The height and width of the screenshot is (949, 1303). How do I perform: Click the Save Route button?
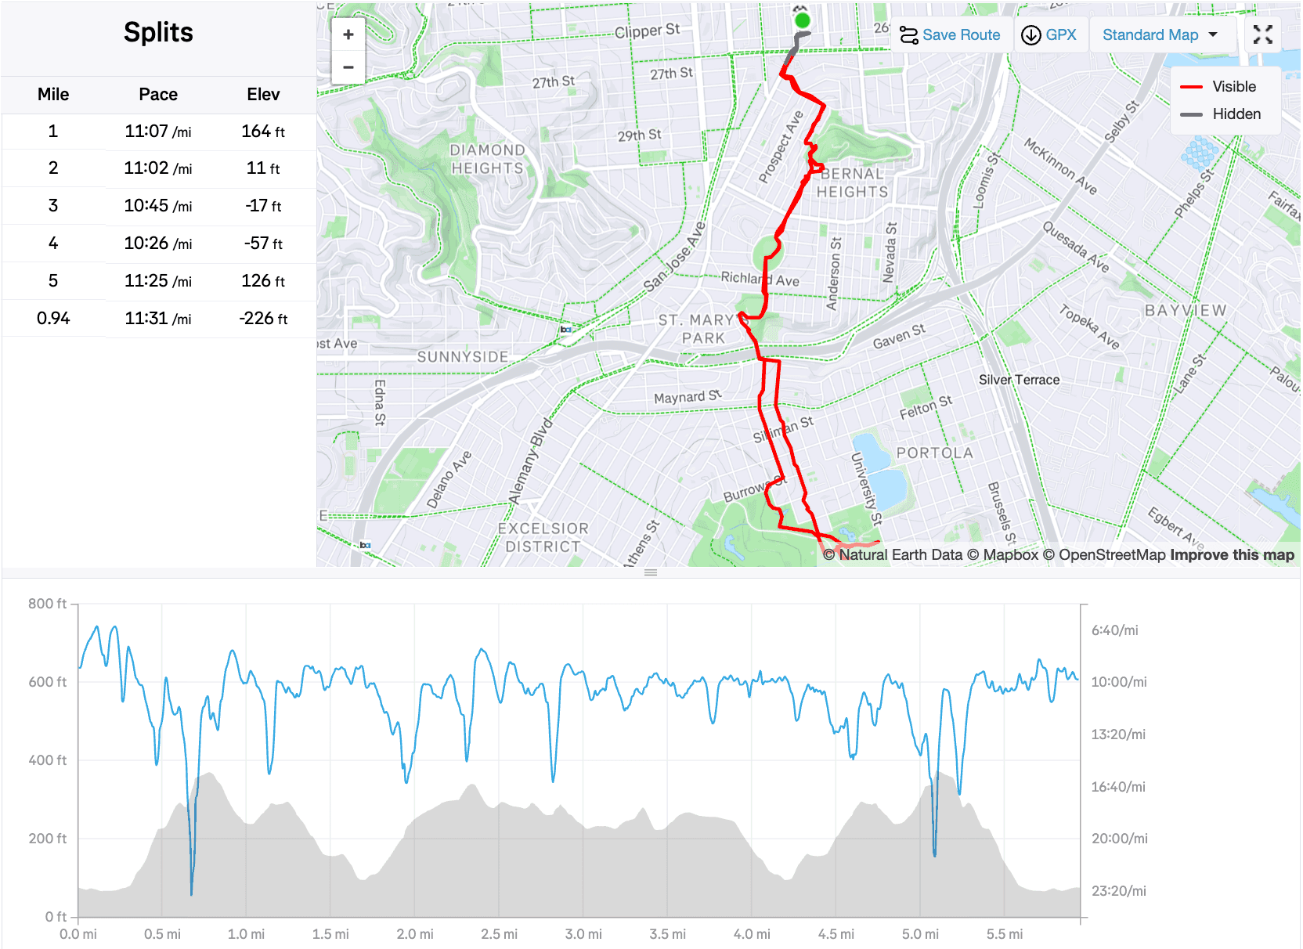click(950, 35)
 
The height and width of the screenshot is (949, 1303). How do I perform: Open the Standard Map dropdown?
click(1160, 35)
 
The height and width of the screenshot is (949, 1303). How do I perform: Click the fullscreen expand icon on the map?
click(1262, 34)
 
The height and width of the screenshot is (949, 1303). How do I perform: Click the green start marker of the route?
click(801, 20)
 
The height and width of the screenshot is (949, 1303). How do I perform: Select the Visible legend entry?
click(1233, 87)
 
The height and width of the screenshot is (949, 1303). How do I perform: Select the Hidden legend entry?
click(1236, 114)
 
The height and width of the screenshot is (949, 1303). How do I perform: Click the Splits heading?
click(158, 33)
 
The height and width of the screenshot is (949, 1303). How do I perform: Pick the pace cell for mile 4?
click(157, 244)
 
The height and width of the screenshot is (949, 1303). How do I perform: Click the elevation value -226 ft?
click(263, 319)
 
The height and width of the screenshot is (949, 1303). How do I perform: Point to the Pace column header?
click(158, 95)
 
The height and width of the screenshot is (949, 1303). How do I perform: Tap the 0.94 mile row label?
click(53, 319)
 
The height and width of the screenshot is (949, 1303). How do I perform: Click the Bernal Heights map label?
click(852, 183)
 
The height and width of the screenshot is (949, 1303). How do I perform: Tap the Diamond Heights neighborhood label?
click(487, 159)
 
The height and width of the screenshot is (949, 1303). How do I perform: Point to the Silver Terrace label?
click(1019, 380)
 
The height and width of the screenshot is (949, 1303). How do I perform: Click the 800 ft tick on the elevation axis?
click(47, 604)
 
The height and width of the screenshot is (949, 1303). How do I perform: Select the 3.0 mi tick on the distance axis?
click(583, 934)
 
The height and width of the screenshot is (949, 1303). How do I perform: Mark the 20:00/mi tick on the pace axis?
click(1119, 839)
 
